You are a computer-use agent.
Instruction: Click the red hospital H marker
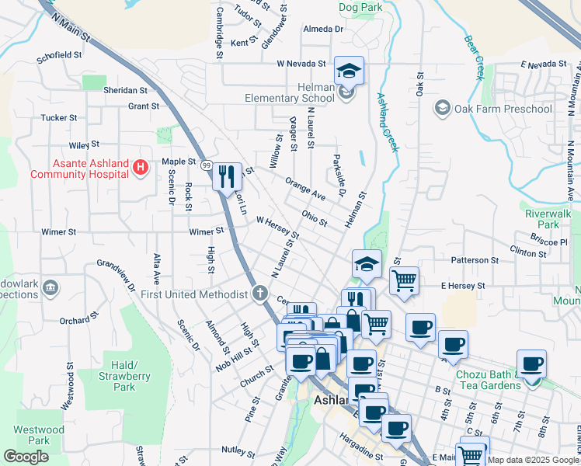coord(140,166)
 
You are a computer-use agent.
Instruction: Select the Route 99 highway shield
coord(207,165)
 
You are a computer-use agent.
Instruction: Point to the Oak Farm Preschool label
coord(503,108)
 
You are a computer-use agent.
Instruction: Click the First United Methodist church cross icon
coord(260,294)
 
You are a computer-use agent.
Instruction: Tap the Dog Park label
coord(361,7)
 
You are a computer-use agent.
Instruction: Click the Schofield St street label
coord(59,56)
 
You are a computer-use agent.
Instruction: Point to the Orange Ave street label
coord(304,189)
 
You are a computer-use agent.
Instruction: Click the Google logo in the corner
coord(26,456)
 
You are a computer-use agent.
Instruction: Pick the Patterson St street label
coord(473,260)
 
